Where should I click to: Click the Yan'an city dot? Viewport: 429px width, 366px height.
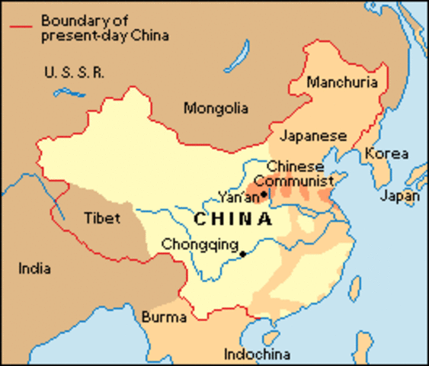click(x=264, y=194)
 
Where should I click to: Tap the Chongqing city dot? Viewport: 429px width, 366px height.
click(x=243, y=253)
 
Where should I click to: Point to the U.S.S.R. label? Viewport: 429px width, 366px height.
click(x=75, y=74)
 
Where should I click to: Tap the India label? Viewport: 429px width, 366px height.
click(x=35, y=268)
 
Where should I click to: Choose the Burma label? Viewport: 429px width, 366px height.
click(x=161, y=316)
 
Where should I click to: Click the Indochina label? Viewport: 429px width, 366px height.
click(x=258, y=354)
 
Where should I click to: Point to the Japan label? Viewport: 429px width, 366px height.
click(x=401, y=196)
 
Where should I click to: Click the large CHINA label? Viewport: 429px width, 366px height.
click(x=232, y=220)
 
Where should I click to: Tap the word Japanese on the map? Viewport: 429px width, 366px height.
click(x=313, y=136)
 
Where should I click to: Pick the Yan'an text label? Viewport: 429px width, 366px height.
click(x=237, y=195)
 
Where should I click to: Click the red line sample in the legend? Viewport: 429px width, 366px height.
click(x=22, y=27)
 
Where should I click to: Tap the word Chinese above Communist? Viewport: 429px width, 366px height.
click(x=296, y=166)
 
